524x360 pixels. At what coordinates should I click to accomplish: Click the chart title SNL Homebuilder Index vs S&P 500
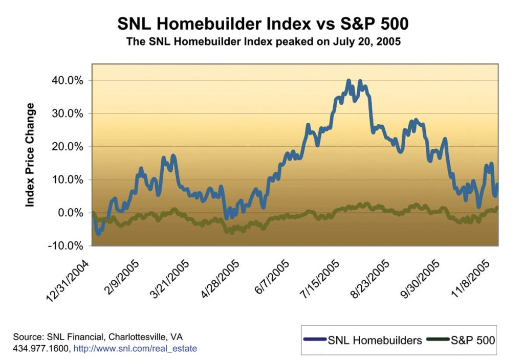[263, 24]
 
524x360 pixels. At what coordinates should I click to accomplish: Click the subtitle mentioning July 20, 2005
[263, 42]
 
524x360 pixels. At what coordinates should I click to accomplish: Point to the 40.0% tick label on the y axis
[68, 81]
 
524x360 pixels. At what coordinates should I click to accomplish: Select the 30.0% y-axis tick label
[68, 114]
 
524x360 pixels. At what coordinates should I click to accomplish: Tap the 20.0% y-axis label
[68, 147]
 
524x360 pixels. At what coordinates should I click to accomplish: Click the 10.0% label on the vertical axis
[68, 180]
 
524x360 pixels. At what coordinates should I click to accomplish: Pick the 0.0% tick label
[70, 213]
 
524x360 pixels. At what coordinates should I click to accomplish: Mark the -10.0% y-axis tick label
[66, 246]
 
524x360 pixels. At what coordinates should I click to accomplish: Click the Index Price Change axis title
[30, 155]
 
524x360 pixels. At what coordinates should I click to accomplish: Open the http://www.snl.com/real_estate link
[135, 349]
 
